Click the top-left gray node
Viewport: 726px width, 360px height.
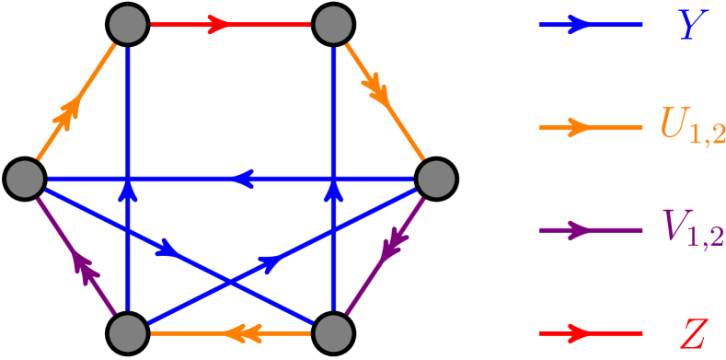point(128,25)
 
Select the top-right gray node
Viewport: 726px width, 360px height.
point(333,25)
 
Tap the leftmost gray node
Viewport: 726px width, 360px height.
point(25,178)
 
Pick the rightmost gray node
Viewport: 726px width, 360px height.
point(435,178)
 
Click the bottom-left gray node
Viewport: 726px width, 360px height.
point(128,332)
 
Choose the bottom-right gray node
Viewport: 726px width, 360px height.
point(333,332)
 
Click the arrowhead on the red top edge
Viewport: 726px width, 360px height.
point(220,25)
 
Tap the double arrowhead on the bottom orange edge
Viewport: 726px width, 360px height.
point(240,332)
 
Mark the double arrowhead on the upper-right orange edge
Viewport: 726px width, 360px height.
point(375,87)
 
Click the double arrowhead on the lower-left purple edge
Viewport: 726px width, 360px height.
point(85,268)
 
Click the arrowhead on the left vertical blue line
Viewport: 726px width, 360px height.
point(128,191)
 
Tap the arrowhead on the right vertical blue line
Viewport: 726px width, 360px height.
point(333,191)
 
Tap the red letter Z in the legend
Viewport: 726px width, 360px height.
point(691,332)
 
